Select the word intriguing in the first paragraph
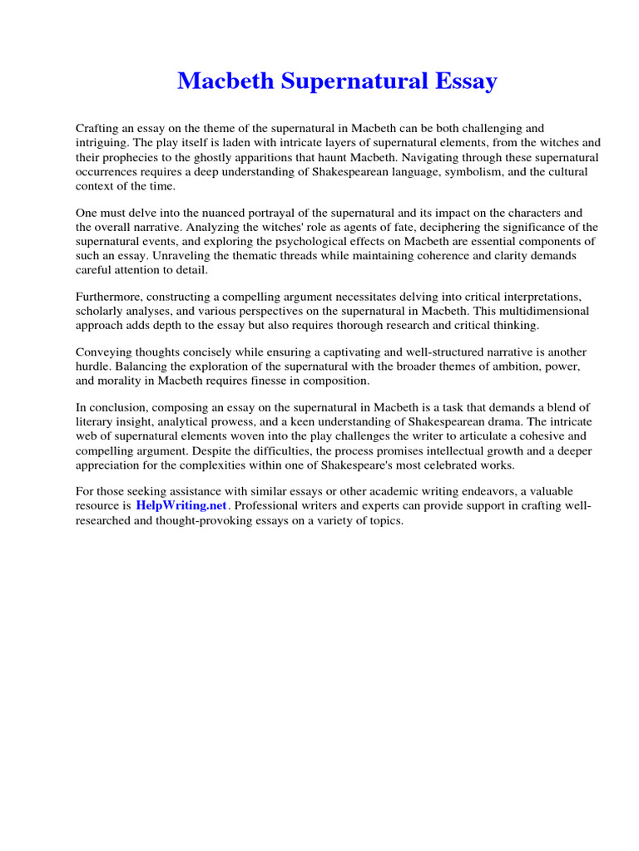pos(102,142)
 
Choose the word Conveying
pos(106,352)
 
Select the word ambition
pos(493,366)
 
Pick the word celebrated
pos(448,465)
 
